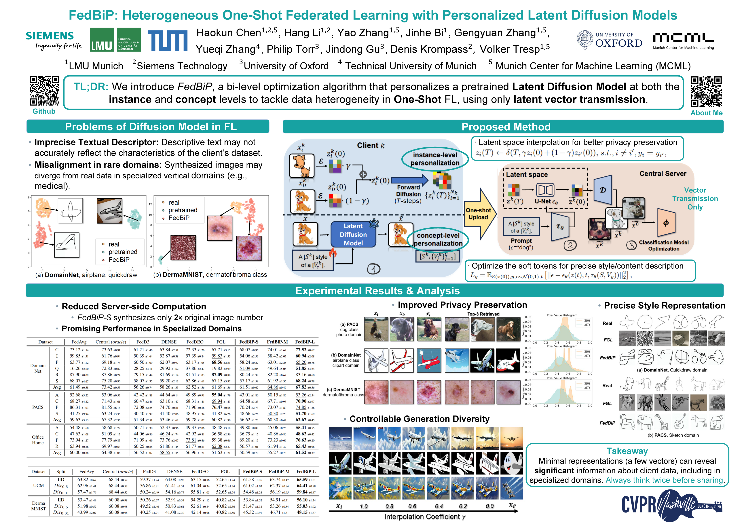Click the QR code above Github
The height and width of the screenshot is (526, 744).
pos(44,91)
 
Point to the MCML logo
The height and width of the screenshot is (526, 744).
pos(683,40)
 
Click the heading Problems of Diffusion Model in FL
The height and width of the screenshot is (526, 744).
pos(151,127)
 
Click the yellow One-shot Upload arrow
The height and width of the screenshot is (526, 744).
pos(479,214)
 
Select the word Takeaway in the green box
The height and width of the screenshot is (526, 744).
pos(627,451)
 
